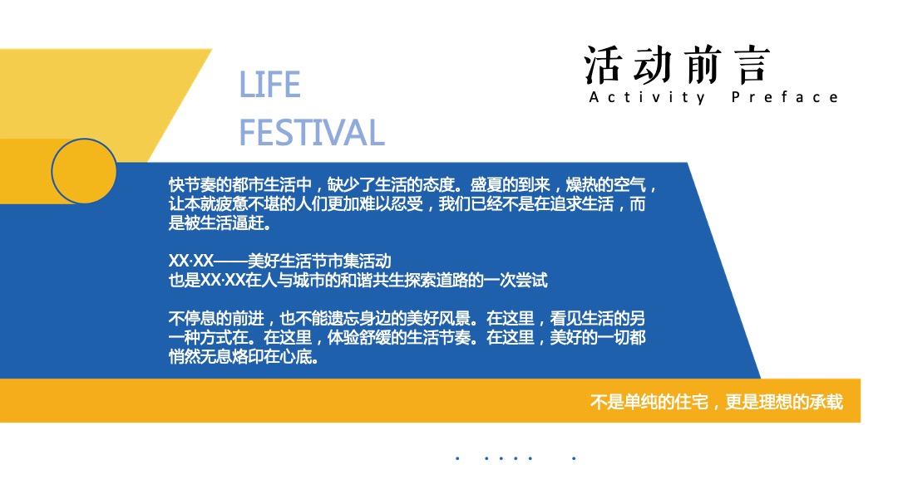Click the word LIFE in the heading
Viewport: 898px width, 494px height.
tap(269, 85)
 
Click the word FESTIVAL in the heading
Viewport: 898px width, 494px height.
tap(312, 133)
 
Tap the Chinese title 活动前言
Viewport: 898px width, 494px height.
tap(677, 66)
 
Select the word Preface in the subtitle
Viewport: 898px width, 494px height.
tap(785, 98)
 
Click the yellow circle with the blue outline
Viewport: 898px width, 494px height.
tap(84, 172)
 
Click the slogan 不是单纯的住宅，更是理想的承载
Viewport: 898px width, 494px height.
tap(716, 402)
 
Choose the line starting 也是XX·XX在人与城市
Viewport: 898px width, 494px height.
tap(358, 281)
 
